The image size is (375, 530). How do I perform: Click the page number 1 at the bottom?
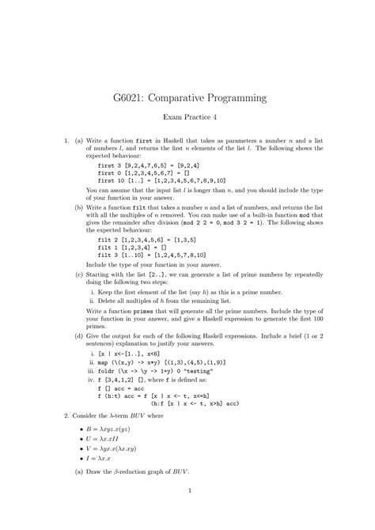187,512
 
